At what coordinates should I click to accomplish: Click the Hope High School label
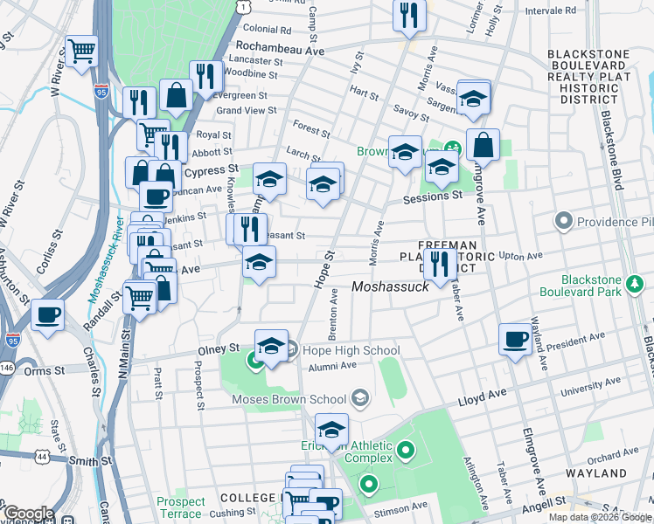point(352,351)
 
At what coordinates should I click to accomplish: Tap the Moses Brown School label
point(289,400)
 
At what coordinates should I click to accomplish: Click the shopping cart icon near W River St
point(81,52)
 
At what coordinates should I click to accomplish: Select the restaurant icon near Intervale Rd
point(408,14)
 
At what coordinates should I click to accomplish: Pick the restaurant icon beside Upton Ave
point(439,263)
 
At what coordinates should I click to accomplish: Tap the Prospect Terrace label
point(181,508)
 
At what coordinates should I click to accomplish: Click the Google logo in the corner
point(28,514)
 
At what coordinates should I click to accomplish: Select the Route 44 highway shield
point(42,456)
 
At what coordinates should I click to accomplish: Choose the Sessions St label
point(432,197)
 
